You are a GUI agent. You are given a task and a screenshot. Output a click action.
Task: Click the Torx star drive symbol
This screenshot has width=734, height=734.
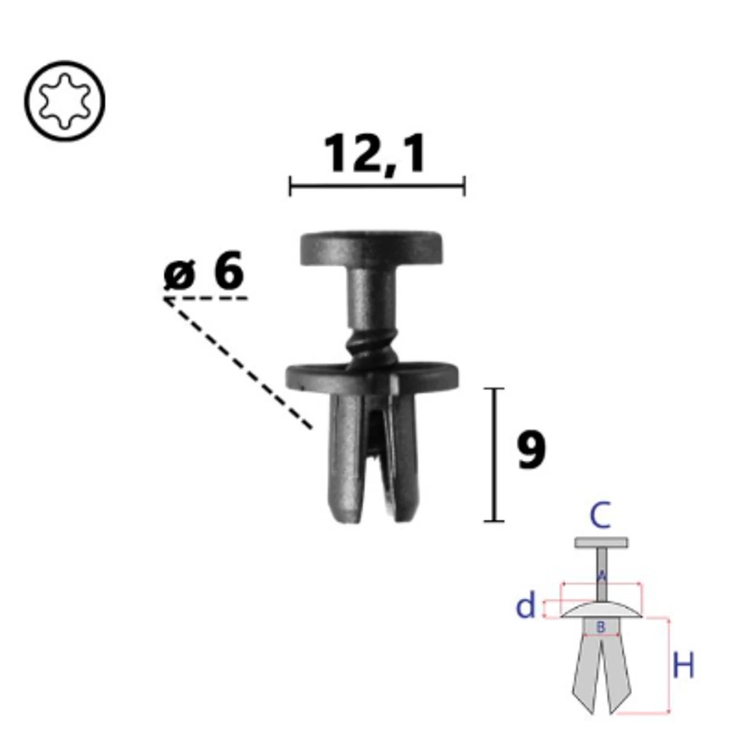pos(65,101)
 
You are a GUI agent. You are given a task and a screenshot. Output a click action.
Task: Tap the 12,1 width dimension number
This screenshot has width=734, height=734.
pos(375,154)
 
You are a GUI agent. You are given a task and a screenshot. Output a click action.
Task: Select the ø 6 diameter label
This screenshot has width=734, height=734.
pos(204,270)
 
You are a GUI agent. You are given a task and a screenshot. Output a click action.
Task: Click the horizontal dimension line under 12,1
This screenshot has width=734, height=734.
pos(377,186)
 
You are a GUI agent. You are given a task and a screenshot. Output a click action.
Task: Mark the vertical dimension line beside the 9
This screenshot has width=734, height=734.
pos(494,454)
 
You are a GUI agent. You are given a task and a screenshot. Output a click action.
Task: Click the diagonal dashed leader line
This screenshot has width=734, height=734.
pos(238,363)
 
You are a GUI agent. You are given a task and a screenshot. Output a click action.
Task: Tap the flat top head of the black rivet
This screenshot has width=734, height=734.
pos(371,248)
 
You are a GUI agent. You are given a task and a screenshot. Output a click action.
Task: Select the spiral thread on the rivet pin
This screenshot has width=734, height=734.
pos(371,347)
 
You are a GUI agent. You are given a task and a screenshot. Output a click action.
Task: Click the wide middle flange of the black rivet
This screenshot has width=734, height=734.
pos(372,378)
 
